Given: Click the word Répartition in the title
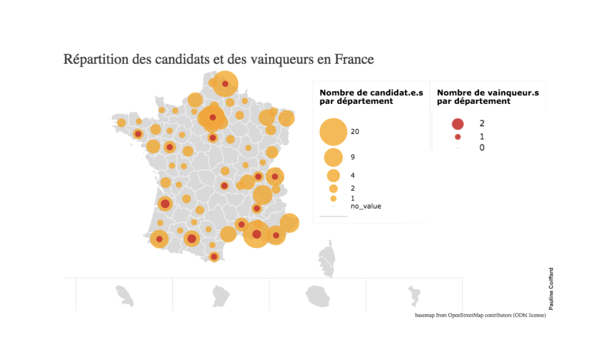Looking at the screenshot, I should [x=96, y=59].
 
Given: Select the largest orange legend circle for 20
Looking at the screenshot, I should [x=333, y=132].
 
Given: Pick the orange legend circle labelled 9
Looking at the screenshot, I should [x=333, y=157].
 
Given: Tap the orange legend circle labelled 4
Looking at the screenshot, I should [x=333, y=175].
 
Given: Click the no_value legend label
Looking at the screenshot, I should [x=366, y=206].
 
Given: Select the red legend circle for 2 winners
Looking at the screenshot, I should [x=457, y=124].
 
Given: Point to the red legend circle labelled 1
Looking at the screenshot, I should [x=457, y=137].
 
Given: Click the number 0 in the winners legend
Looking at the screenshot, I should [x=482, y=148].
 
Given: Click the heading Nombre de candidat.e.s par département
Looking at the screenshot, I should [x=371, y=97].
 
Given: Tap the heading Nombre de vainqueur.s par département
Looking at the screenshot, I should [x=488, y=97].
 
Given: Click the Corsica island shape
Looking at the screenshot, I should [x=327, y=259].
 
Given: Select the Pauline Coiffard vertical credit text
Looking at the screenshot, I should [x=551, y=288].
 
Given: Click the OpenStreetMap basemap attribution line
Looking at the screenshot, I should [x=480, y=315].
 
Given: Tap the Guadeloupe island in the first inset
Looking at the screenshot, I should [x=125, y=296].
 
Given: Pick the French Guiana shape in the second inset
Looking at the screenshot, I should [x=221, y=296].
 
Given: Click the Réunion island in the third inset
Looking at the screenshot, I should [x=318, y=296].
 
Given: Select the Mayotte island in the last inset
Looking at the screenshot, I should [x=414, y=295].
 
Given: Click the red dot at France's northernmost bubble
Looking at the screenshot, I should [x=225, y=84].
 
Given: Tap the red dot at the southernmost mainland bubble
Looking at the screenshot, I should [x=214, y=257].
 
